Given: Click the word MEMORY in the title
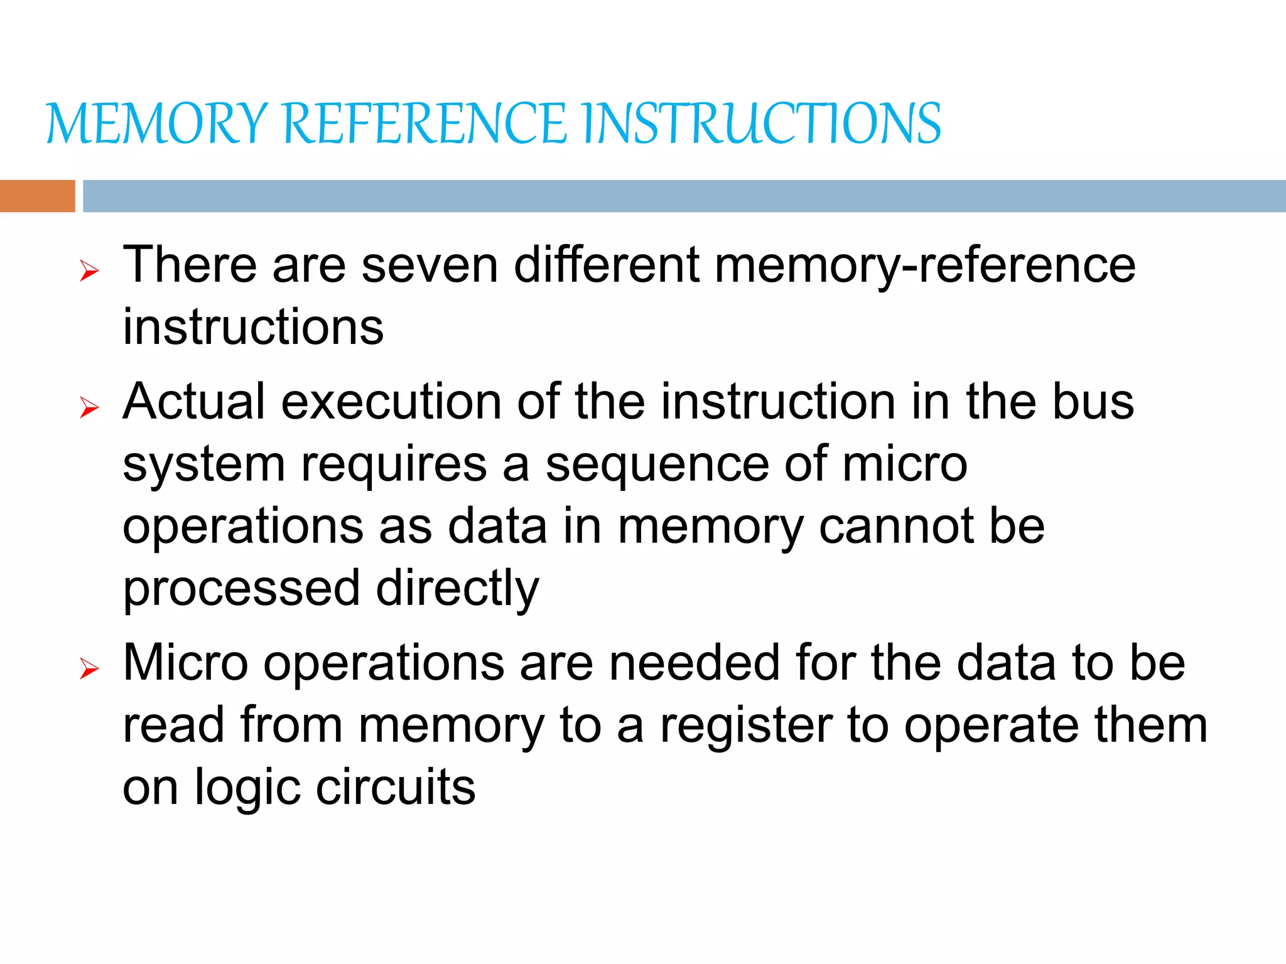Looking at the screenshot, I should click(x=157, y=124).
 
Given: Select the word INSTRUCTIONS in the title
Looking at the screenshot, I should click(x=761, y=124).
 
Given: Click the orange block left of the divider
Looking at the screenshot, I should click(x=37, y=196).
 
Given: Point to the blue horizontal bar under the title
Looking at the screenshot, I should click(x=684, y=196).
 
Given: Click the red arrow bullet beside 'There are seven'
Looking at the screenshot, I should click(x=90, y=271).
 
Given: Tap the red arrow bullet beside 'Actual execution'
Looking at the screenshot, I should click(x=90, y=408).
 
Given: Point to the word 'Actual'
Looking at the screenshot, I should click(x=194, y=402).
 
